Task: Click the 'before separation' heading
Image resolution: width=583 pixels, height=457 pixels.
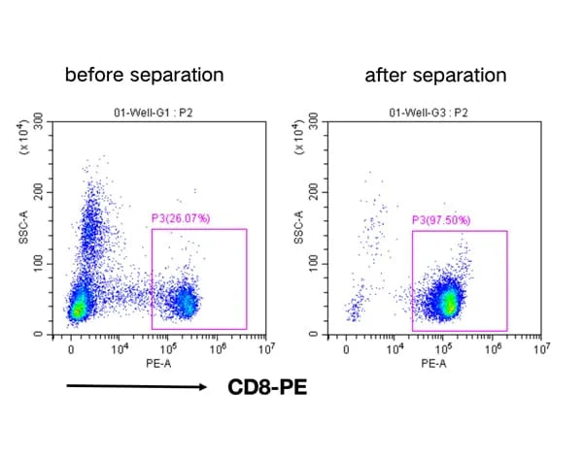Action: [144, 74]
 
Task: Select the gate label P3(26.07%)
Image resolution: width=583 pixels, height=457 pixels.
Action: [185, 219]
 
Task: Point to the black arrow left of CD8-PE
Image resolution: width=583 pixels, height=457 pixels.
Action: [136, 388]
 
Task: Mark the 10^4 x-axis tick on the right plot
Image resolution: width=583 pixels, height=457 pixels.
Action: [394, 346]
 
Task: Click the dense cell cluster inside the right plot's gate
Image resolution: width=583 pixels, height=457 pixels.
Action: [448, 302]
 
